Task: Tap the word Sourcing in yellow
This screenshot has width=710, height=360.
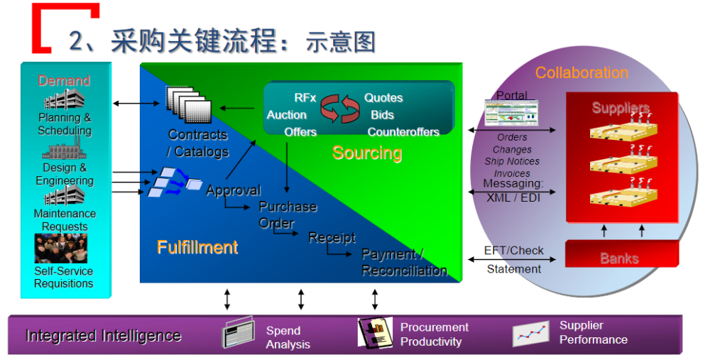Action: point(367,153)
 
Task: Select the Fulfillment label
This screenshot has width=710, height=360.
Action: point(197,247)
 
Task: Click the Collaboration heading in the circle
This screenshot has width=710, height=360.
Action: point(581,72)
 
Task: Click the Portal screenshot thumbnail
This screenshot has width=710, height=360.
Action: point(511,112)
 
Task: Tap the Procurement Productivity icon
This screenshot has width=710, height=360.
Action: point(374,332)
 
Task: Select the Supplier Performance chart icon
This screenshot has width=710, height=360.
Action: point(532,333)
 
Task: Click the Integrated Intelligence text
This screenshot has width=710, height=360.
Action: point(103,336)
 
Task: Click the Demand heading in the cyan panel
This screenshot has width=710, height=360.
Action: point(64,81)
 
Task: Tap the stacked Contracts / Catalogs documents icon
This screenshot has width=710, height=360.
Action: point(188,105)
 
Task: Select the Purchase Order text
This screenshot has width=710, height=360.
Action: point(284,214)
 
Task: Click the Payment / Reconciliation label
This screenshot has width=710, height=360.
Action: point(403,262)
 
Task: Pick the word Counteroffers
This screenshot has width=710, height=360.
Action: point(403,132)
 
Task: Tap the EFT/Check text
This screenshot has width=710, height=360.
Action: point(513,251)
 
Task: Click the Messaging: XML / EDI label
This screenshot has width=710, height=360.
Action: point(513,191)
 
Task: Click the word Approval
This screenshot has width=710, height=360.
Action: point(233,190)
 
